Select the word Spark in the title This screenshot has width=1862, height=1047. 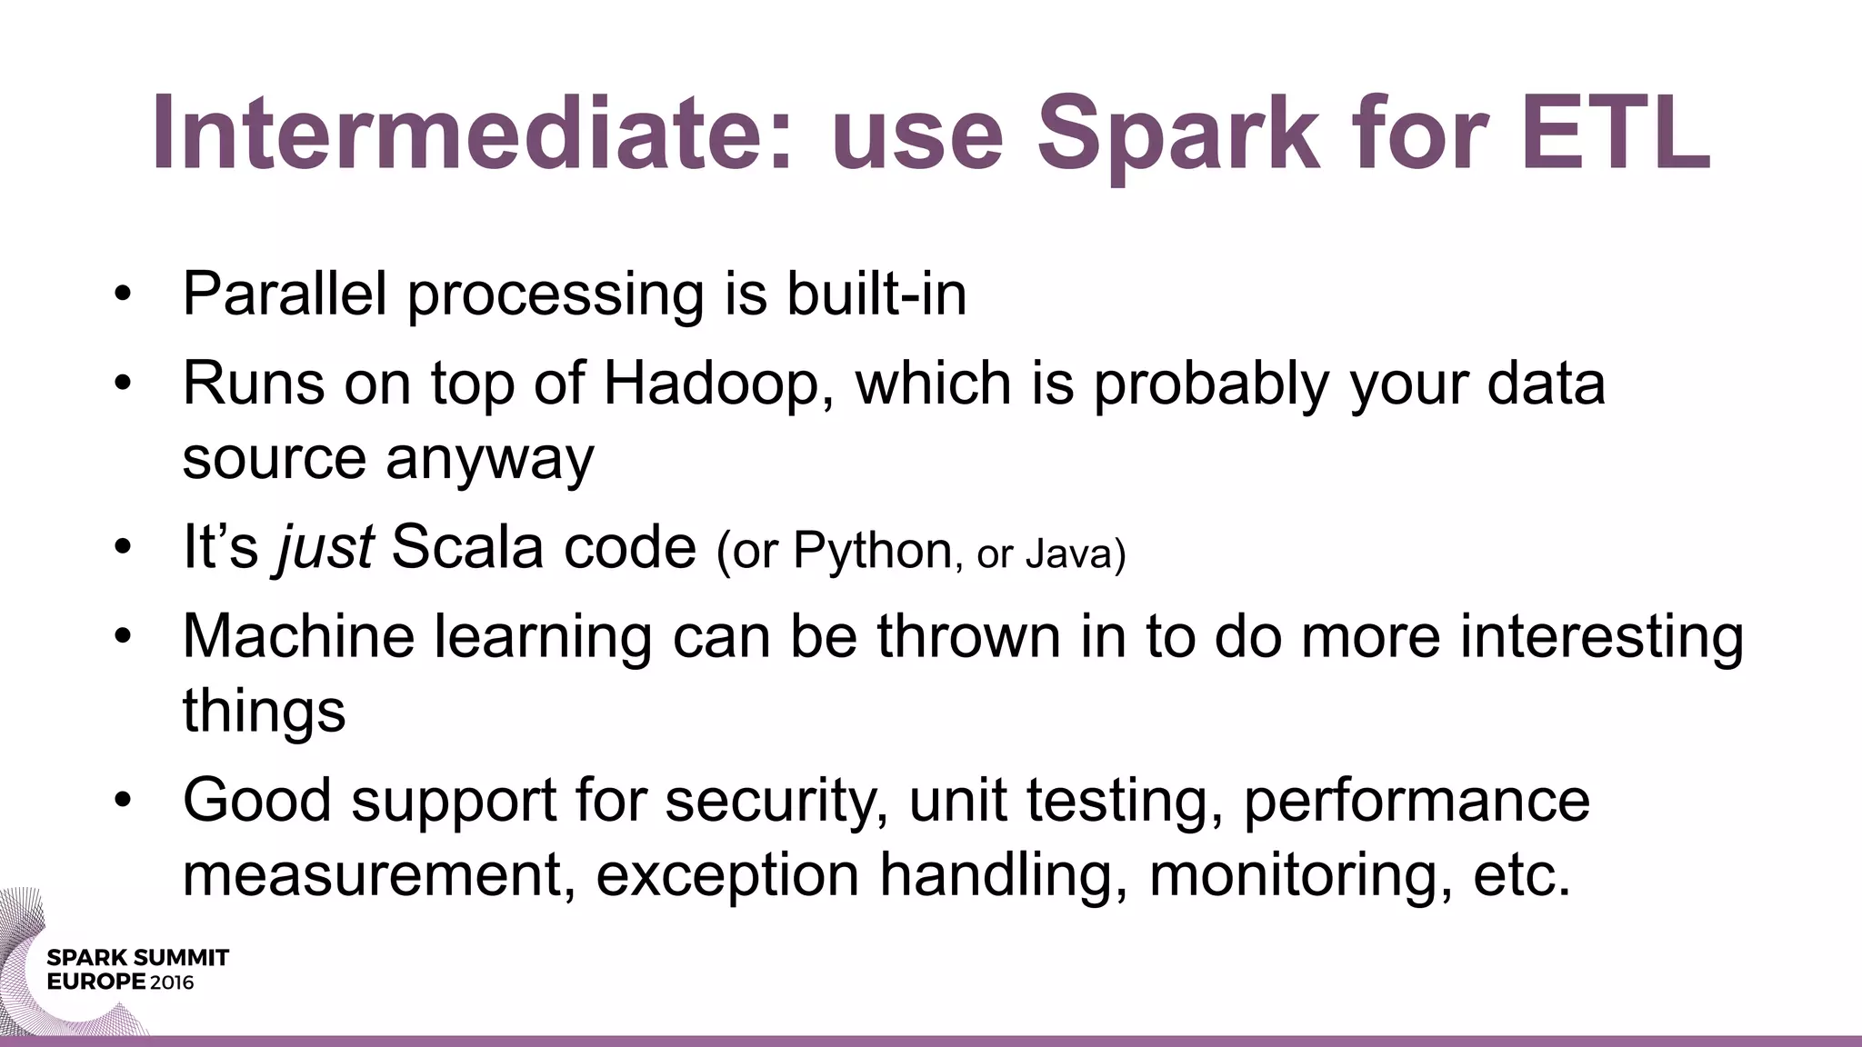[1177, 135]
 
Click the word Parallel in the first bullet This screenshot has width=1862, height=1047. [285, 294]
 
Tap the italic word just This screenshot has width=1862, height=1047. [325, 548]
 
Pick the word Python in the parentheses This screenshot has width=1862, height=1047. [872, 552]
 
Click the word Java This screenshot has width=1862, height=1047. [1073, 553]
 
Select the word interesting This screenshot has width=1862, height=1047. [1601, 635]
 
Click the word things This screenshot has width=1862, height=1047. [264, 710]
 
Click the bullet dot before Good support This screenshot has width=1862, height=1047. [124, 801]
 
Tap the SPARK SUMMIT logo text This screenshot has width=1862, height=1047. [137, 958]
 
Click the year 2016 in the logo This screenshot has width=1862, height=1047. [172, 982]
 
